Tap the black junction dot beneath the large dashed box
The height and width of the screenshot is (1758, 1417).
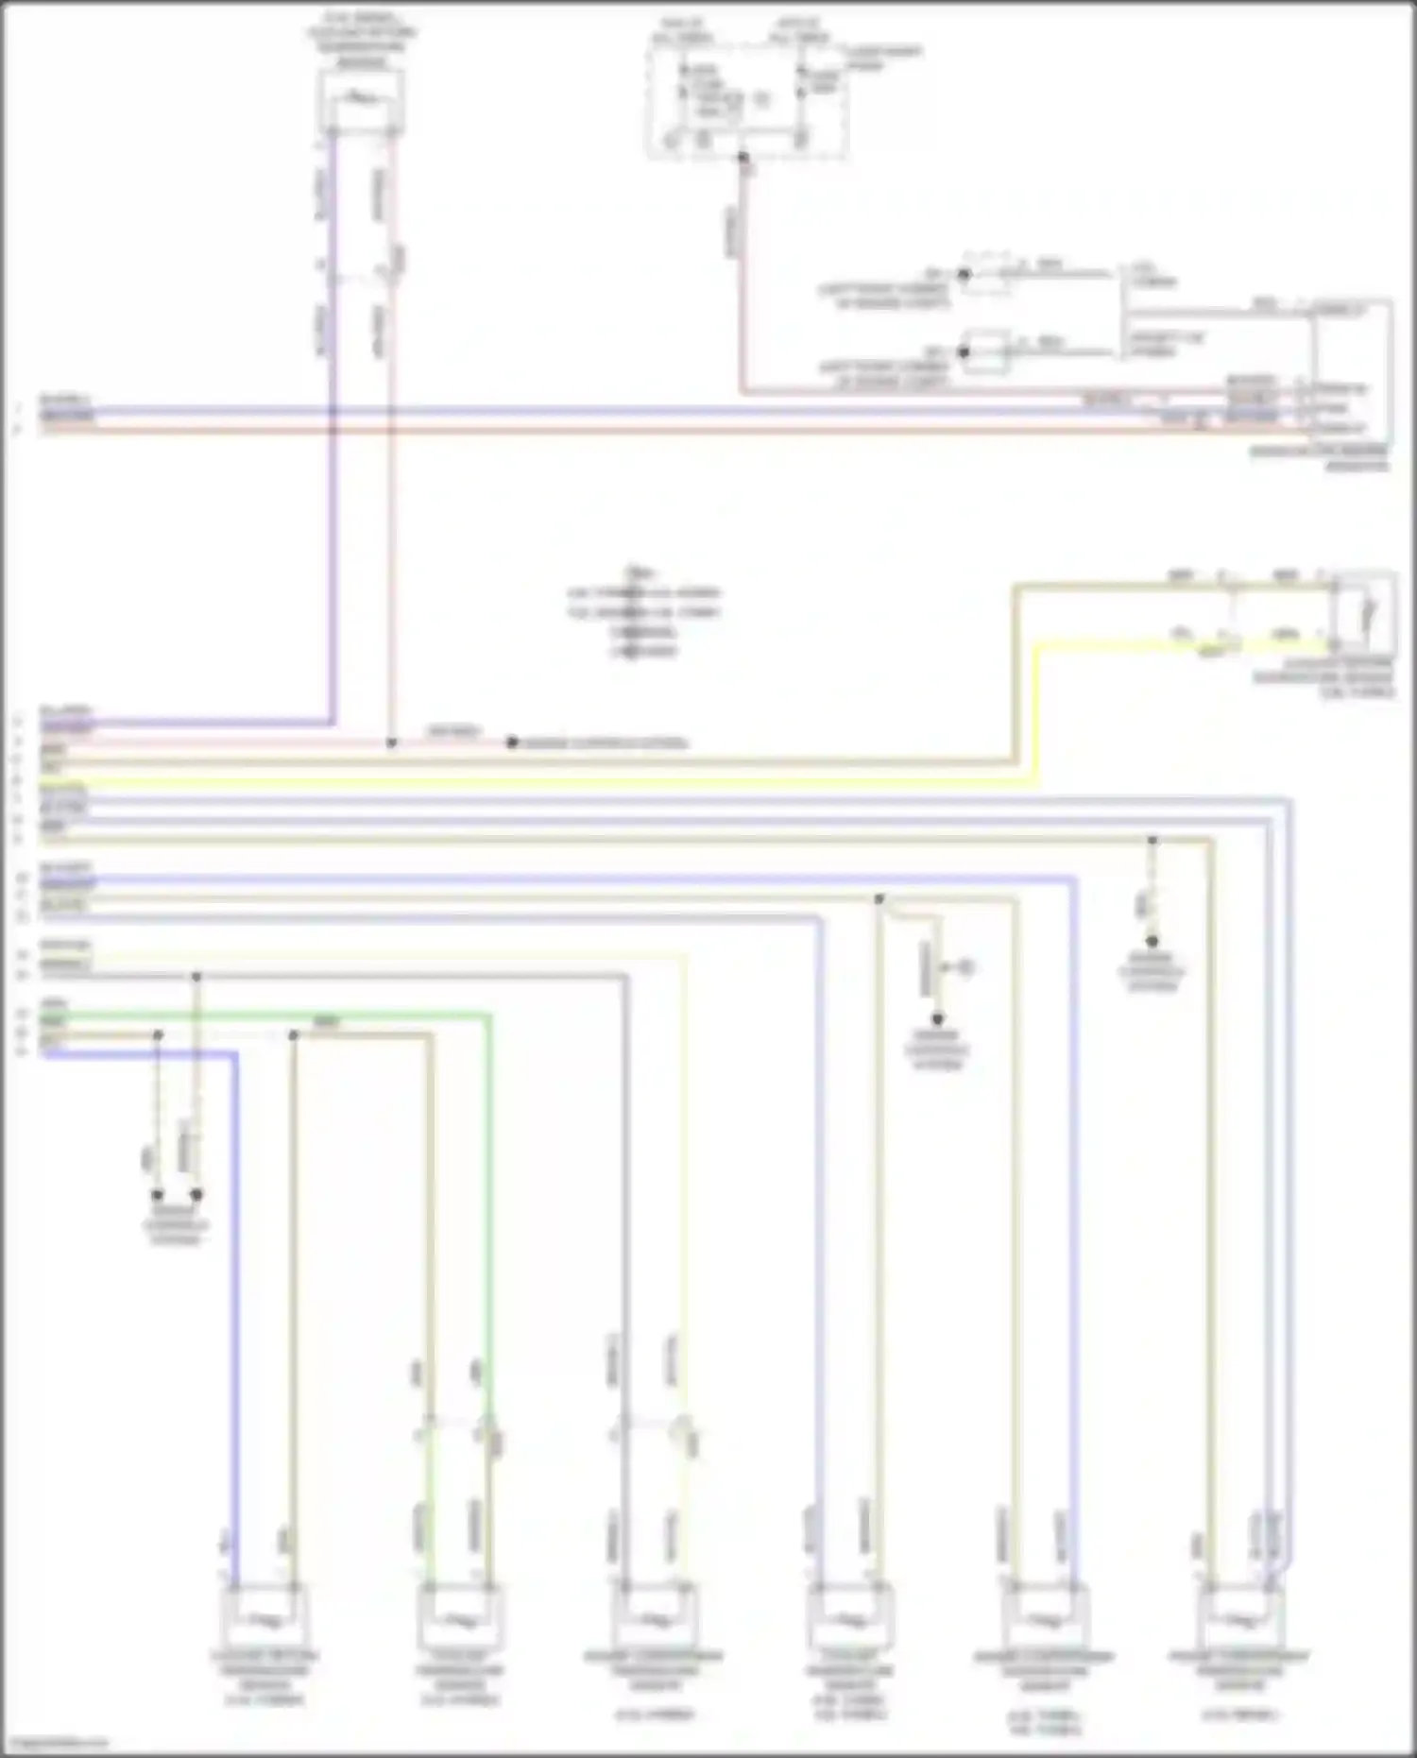pyautogui.click(x=743, y=157)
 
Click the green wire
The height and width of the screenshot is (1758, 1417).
pyautogui.click(x=489, y=1228)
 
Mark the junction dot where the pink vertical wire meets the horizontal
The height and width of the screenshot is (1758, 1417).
pyautogui.click(x=391, y=742)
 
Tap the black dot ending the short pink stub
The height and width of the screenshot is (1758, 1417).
pyautogui.click(x=511, y=742)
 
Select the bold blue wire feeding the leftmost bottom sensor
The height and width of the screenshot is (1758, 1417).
pyautogui.click(x=235, y=1323)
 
